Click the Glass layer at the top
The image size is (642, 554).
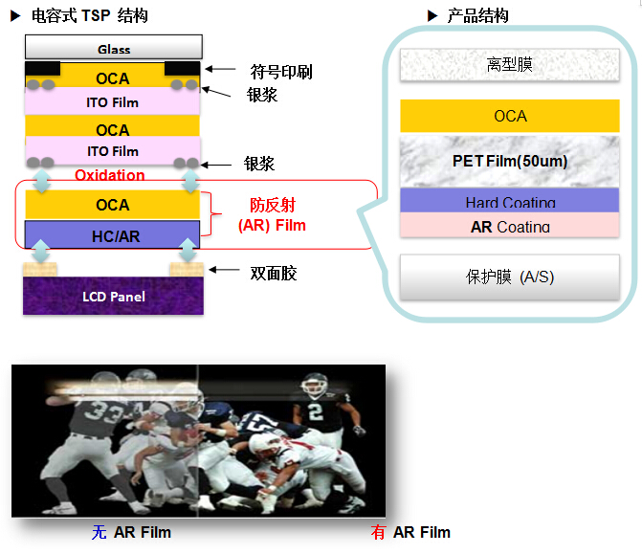tap(113, 48)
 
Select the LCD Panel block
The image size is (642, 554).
tap(113, 297)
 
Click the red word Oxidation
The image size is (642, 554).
tap(110, 175)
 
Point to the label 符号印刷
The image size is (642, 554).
tap(281, 72)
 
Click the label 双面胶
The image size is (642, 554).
tap(274, 274)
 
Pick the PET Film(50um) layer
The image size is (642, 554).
tap(510, 161)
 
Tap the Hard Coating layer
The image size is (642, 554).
tap(510, 201)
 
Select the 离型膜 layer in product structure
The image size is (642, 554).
tap(510, 65)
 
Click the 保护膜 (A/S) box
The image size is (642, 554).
tap(510, 277)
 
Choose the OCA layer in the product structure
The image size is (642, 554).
tap(510, 116)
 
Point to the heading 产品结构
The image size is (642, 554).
tap(478, 15)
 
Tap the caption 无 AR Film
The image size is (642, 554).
tap(131, 532)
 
